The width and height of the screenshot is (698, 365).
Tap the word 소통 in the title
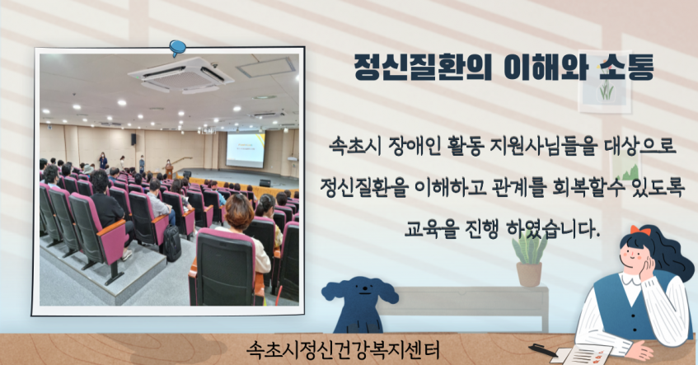(626, 68)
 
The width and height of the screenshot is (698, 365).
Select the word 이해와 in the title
(546, 68)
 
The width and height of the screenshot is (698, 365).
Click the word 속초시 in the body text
(355, 146)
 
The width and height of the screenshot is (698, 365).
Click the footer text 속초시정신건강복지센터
(343, 350)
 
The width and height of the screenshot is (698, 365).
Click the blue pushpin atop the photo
(178, 48)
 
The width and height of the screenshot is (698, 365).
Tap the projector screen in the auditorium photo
(246, 149)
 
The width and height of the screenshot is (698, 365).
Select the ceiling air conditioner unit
(181, 75)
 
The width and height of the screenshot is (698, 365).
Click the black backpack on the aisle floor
(172, 242)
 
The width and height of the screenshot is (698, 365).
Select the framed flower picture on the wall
(605, 82)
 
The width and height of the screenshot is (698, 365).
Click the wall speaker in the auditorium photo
(134, 139)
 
